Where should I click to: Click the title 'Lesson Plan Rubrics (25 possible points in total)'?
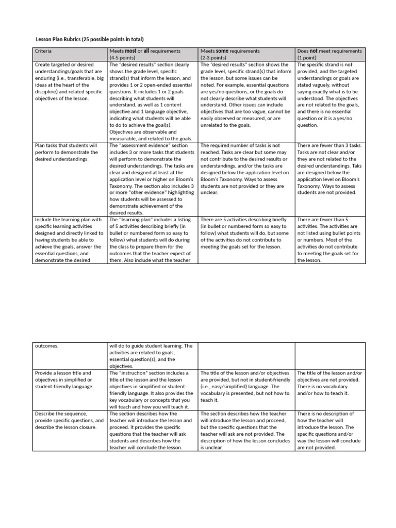pos(89,39)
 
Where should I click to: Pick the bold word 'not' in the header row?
pos(314,51)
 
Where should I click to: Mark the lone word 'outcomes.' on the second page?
pos(47,346)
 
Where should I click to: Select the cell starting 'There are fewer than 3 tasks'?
pos(330,169)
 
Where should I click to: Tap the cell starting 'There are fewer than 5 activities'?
pos(330,240)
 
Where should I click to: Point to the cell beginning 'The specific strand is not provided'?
pos(330,95)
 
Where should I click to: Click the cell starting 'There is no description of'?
pos(330,431)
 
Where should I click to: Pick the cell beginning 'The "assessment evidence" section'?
pos(151,179)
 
